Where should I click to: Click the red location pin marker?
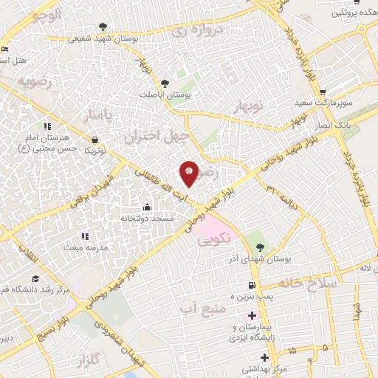189,173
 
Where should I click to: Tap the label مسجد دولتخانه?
147,219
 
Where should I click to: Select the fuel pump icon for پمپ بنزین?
252,285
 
